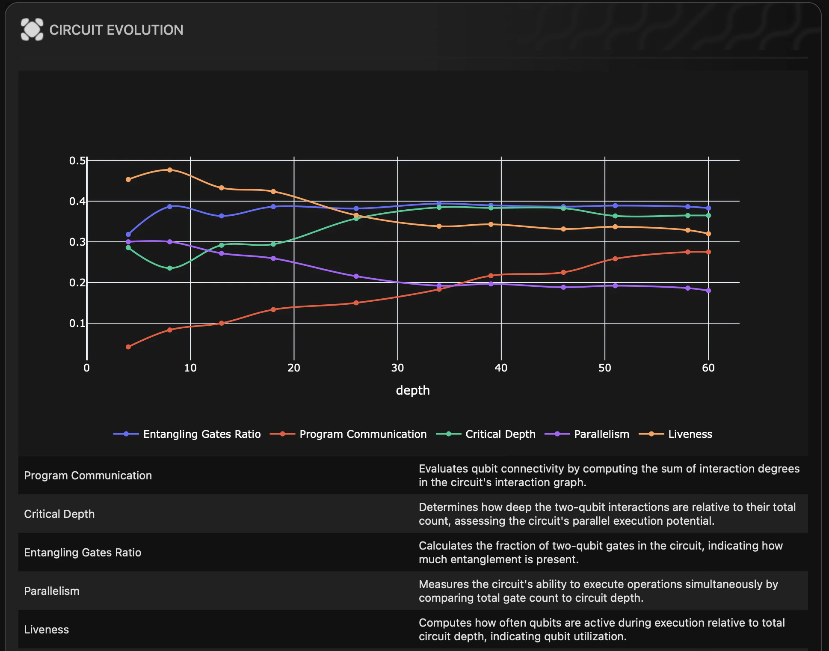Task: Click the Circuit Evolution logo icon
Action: coord(32,30)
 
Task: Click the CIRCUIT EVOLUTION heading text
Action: coord(116,30)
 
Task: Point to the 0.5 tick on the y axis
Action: coord(77,161)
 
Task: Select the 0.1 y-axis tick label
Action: coord(77,323)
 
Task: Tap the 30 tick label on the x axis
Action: coord(397,368)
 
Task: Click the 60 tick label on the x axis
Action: coord(708,368)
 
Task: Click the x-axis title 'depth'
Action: coord(412,390)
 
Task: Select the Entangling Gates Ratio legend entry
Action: coord(187,434)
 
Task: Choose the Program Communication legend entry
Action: coord(348,434)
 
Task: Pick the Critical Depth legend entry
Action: coord(486,434)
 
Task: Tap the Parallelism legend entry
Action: coord(587,434)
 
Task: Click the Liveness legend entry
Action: coord(675,434)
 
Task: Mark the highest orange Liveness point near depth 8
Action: coord(170,170)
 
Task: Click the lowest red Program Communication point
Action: coord(128,347)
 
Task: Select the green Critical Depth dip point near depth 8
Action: coord(170,268)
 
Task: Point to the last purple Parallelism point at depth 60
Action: coord(708,291)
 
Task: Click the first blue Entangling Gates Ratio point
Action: coord(128,235)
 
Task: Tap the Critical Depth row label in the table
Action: coord(59,514)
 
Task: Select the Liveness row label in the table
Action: coord(47,630)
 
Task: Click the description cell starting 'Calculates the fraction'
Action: coord(601,553)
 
